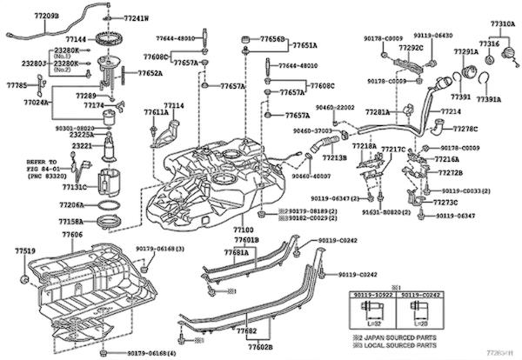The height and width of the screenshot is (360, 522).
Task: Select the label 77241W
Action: tap(136, 17)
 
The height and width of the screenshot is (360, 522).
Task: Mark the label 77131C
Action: tap(73, 187)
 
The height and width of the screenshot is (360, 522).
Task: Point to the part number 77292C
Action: tap(412, 47)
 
